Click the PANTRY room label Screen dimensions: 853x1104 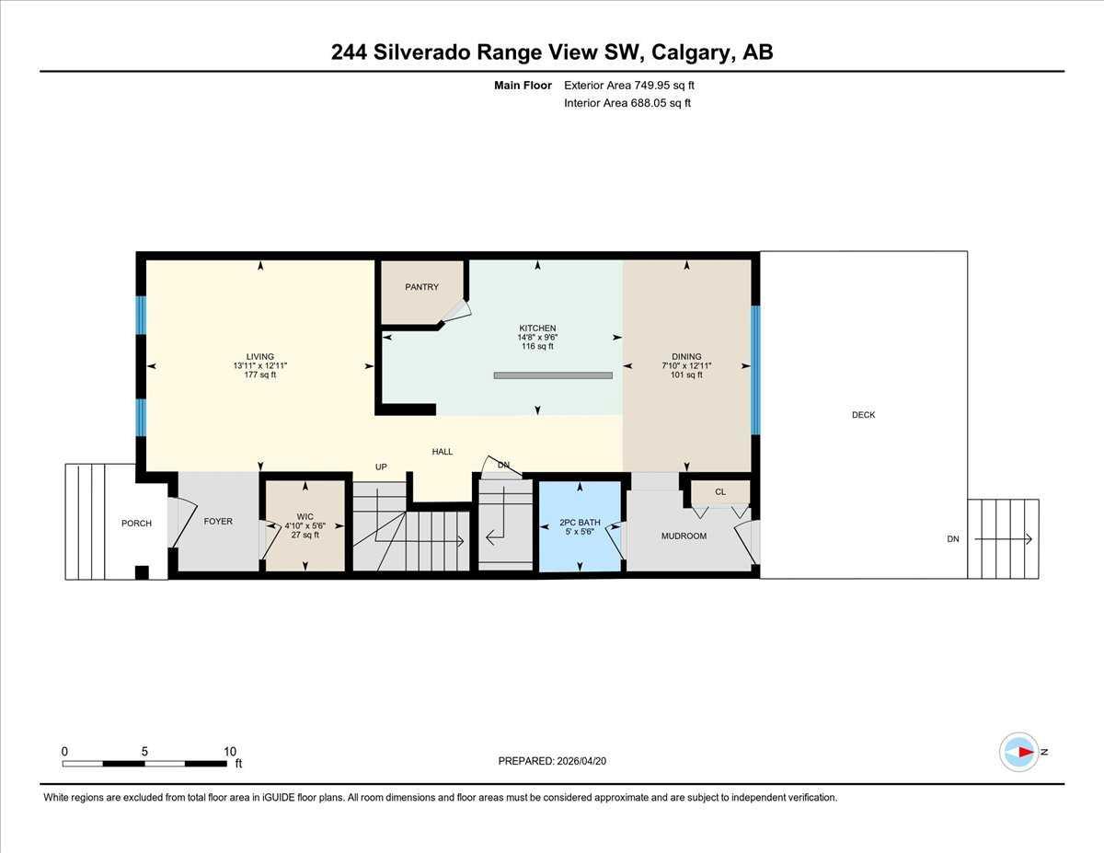point(422,287)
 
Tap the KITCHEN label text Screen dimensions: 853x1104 point(537,329)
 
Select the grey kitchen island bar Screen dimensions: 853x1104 point(553,375)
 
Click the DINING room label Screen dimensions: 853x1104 point(686,357)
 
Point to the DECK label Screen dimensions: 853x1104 point(863,415)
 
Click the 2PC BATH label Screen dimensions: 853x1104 point(580,523)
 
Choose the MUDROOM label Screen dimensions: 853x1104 point(684,536)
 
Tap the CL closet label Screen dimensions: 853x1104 point(720,492)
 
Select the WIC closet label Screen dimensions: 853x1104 point(305,516)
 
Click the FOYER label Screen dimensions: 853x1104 point(218,522)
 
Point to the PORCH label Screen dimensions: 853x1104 point(136,524)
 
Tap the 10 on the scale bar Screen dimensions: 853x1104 point(230,751)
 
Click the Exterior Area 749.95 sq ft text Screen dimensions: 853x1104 point(628,86)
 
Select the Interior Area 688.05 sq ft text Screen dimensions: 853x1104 point(627,103)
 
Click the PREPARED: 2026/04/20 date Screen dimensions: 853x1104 point(553,761)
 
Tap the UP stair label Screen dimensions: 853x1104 point(380,467)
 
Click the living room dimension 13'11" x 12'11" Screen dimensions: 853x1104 point(260,366)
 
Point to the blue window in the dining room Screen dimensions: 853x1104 point(755,369)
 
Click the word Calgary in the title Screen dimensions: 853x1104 point(690,52)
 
